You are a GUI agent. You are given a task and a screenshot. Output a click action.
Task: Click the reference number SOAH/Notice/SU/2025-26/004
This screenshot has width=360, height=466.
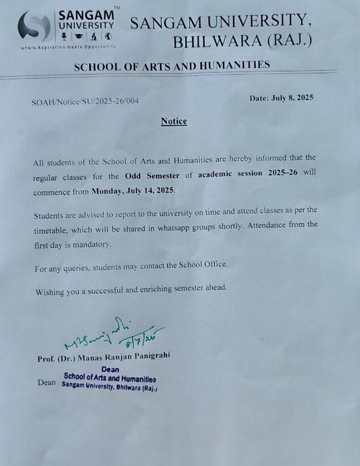(x=85, y=101)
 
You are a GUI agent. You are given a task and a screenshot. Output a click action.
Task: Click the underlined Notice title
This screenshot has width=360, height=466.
(x=174, y=122)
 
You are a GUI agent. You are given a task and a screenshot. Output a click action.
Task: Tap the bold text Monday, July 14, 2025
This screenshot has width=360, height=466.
(x=133, y=191)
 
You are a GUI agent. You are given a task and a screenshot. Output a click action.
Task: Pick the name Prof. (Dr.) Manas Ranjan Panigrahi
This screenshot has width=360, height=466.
(x=104, y=358)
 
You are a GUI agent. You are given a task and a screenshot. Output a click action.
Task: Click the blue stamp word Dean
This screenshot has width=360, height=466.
(x=110, y=370)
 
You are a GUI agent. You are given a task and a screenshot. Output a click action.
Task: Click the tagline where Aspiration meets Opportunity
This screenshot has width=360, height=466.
(x=68, y=47)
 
